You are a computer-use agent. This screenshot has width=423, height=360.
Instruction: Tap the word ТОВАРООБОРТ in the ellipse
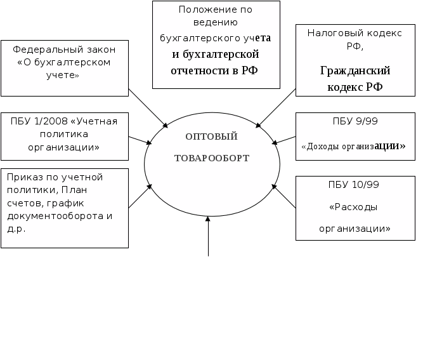(x=212, y=157)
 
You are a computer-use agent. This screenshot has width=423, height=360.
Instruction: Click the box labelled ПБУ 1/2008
(x=65, y=136)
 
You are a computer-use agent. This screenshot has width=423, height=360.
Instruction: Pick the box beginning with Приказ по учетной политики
(x=65, y=207)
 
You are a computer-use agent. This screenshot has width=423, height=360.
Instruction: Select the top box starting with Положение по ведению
(x=216, y=44)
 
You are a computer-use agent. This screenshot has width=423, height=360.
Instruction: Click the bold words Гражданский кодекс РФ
(x=355, y=79)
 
